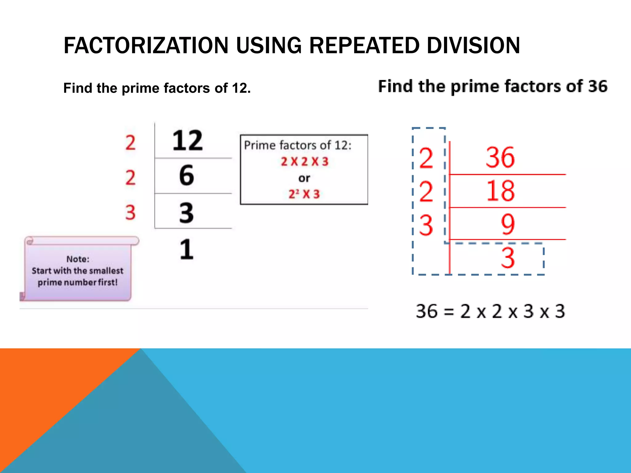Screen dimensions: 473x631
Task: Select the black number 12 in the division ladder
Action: pyautogui.click(x=187, y=140)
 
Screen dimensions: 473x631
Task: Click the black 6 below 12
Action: pyautogui.click(x=187, y=176)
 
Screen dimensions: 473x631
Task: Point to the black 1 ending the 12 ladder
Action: pyautogui.click(x=187, y=249)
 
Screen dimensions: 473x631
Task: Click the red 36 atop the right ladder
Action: pyautogui.click(x=500, y=157)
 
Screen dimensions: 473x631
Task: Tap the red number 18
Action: pyautogui.click(x=500, y=191)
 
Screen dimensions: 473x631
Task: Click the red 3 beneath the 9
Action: pyautogui.click(x=507, y=258)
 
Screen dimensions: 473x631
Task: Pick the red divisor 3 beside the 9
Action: pyautogui.click(x=426, y=225)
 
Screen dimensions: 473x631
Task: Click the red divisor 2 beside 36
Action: pyautogui.click(x=426, y=158)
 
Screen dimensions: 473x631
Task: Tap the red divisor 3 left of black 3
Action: pyautogui.click(x=130, y=212)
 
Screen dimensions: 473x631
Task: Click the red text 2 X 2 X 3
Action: pyautogui.click(x=304, y=162)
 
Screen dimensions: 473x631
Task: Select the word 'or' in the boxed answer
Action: pyautogui.click(x=304, y=178)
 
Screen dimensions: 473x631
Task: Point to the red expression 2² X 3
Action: pyautogui.click(x=304, y=194)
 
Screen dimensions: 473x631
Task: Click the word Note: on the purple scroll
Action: pyautogui.click(x=78, y=259)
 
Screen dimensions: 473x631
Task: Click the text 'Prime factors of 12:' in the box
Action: pyautogui.click(x=298, y=145)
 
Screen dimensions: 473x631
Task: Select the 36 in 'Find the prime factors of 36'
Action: pyautogui.click(x=597, y=86)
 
